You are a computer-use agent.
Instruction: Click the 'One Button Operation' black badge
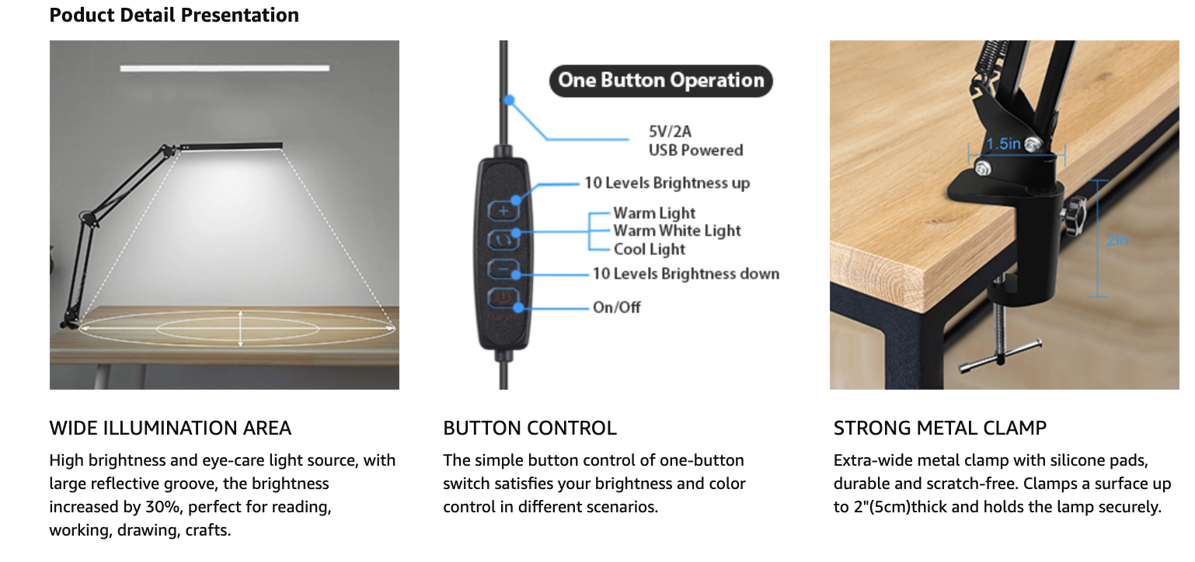661,81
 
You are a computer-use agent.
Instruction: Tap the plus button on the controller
503,211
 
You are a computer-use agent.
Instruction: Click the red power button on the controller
503,298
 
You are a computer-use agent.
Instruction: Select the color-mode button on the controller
503,240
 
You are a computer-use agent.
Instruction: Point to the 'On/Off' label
617,307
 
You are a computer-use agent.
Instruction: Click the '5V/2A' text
670,132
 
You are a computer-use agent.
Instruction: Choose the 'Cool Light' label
650,249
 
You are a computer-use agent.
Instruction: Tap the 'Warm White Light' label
677,231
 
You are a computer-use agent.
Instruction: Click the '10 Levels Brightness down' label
686,274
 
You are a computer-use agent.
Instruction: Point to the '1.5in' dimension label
1003,144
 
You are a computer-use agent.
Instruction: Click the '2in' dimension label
1117,241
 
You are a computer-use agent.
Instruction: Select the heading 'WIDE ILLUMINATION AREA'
170,428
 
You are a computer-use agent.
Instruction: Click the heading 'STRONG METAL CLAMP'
940,428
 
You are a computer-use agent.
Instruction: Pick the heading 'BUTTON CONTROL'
530,428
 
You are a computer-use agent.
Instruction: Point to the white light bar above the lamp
225,68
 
